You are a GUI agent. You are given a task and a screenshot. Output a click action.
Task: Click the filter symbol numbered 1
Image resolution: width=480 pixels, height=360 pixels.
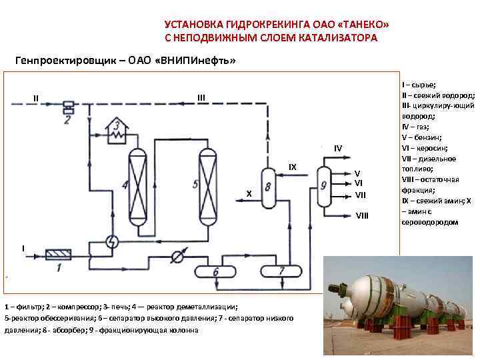coord(57,254)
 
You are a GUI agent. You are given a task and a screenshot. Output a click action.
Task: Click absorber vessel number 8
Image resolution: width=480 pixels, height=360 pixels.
coord(269,187)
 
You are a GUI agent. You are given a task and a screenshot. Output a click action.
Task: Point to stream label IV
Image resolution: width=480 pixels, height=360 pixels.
coord(338,147)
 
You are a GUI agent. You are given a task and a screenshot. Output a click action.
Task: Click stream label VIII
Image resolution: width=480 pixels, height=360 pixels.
coord(361,215)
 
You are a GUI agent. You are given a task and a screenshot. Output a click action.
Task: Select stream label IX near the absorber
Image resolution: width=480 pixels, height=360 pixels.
coord(292,167)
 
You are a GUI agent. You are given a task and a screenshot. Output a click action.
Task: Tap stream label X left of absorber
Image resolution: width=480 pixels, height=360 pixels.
coord(248,193)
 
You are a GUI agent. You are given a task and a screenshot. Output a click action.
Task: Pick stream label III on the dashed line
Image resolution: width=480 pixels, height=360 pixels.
coord(201,98)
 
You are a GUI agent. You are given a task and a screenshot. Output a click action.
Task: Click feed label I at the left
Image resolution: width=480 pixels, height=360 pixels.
coord(23,248)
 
